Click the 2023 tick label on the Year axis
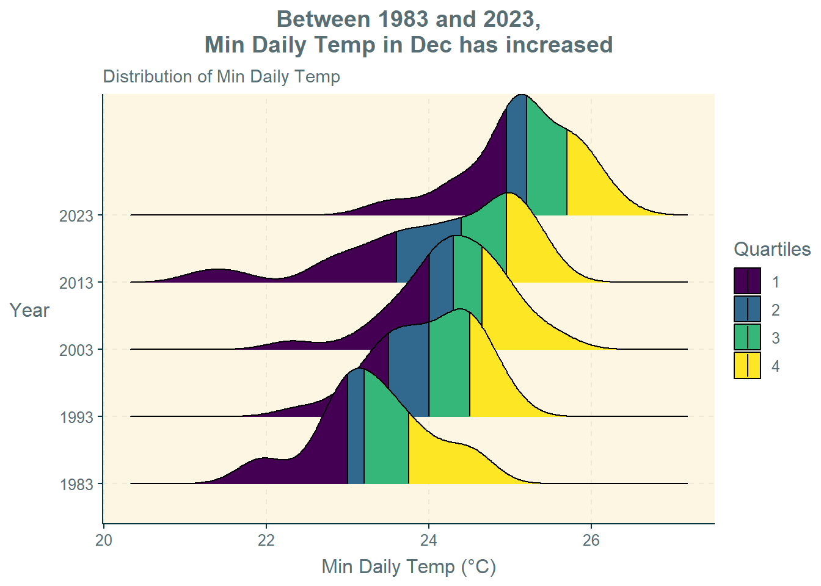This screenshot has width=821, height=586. tap(76, 215)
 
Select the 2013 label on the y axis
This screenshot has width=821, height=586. tap(76, 283)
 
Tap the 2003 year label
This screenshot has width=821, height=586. tap(76, 350)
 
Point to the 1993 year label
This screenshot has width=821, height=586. tap(76, 417)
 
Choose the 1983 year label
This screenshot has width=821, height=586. tap(76, 484)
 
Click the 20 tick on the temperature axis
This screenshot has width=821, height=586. tap(104, 540)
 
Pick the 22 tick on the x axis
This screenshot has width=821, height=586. tap(266, 540)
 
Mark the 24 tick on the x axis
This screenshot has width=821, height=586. tap(429, 540)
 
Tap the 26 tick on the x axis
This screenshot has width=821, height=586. tap(591, 540)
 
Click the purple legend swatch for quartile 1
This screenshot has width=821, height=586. tap(747, 281)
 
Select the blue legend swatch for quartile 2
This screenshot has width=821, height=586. tap(747, 309)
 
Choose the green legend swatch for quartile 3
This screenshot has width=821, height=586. tap(747, 338)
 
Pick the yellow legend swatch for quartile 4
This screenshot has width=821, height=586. tap(747, 366)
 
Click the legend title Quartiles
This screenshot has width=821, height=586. tap(772, 249)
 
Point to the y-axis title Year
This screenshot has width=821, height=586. tap(29, 310)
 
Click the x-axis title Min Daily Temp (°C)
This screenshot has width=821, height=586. tap(409, 566)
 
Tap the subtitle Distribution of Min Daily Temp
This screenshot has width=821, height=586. tap(221, 77)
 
